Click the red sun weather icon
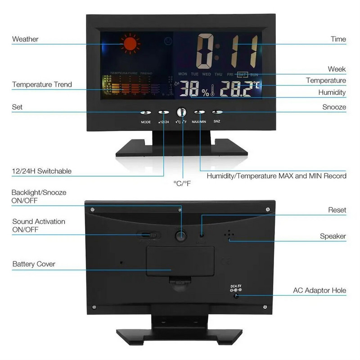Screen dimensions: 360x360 130,44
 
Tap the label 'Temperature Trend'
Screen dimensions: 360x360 42,84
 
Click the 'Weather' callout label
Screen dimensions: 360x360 25,39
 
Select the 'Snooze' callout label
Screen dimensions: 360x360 334,107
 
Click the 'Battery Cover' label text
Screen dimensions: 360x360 34,264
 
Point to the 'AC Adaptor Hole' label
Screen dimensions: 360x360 319,291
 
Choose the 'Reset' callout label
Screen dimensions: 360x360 337,210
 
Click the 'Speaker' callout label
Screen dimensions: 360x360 333,236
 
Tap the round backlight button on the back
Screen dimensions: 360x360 181,235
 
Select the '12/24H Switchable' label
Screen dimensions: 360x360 41,171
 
